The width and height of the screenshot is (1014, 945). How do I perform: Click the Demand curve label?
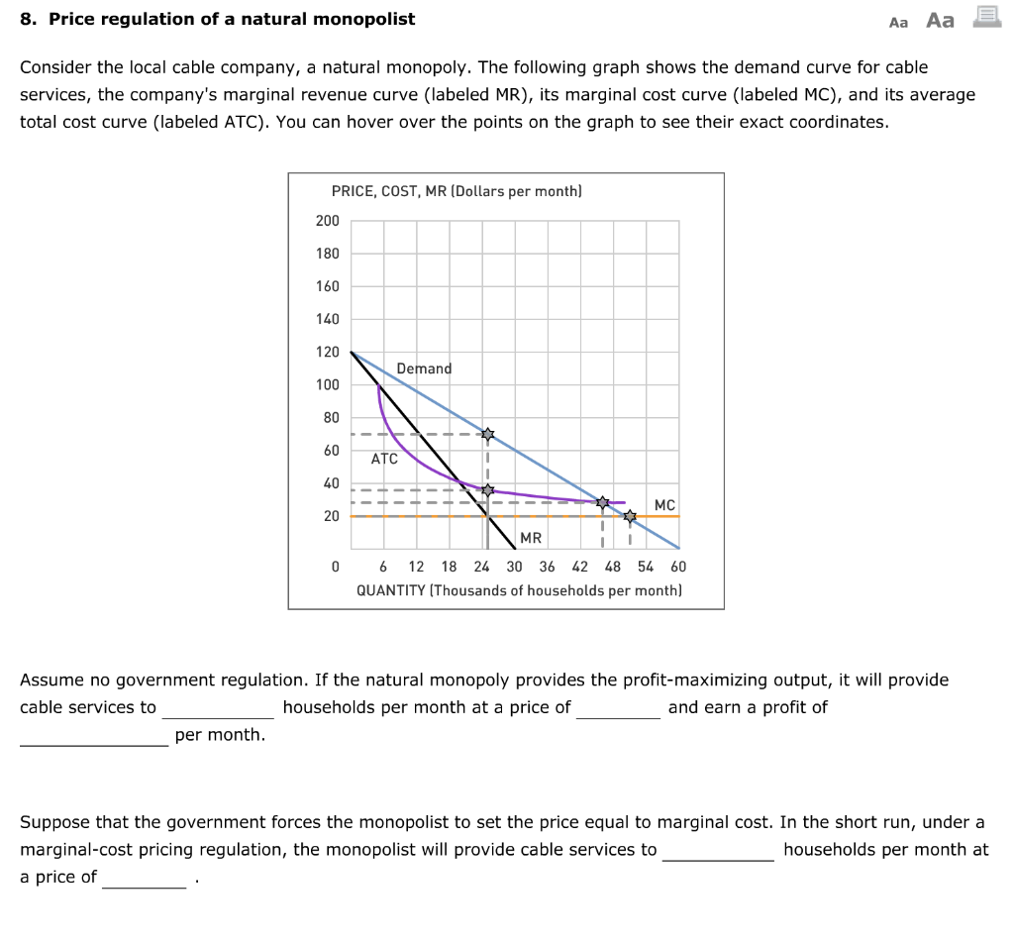(x=424, y=368)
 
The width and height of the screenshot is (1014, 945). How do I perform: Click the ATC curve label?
(x=384, y=459)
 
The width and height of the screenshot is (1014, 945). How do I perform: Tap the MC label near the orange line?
(x=664, y=505)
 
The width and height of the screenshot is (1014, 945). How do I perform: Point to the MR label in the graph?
(x=531, y=538)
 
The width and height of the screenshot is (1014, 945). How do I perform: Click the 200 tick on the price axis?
(x=327, y=221)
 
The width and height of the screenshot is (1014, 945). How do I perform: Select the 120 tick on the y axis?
(x=327, y=352)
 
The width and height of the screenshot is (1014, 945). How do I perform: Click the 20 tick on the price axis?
(x=330, y=516)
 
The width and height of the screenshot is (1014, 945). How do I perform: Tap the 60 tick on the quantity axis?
(x=677, y=567)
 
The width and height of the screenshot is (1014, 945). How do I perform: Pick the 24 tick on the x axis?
(x=481, y=567)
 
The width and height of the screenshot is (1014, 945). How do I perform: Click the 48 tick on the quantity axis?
(x=613, y=567)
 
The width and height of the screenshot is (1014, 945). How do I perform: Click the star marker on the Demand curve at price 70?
(x=486, y=434)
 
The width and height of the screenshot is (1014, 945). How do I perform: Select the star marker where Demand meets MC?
(x=630, y=516)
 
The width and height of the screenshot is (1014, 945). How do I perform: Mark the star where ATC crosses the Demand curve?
(x=602, y=502)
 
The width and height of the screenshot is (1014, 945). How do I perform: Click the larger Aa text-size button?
(x=940, y=20)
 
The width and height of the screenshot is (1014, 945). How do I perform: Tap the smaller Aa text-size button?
(x=898, y=22)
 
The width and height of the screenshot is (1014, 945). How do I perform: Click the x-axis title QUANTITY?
(x=388, y=590)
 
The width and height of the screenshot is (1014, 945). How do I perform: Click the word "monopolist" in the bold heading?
(x=366, y=19)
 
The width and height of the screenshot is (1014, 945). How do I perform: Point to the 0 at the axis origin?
(x=335, y=567)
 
